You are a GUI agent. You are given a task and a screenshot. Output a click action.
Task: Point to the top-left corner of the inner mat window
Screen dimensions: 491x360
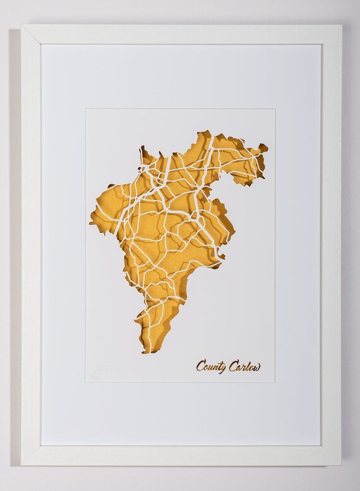tap(86, 109)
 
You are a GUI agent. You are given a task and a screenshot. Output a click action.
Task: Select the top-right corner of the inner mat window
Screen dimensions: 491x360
tap(275, 109)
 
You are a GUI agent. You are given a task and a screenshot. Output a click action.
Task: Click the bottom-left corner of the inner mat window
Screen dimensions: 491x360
tap(86, 386)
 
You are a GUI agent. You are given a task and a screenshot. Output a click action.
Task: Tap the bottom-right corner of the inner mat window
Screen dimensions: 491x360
tap(275, 386)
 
